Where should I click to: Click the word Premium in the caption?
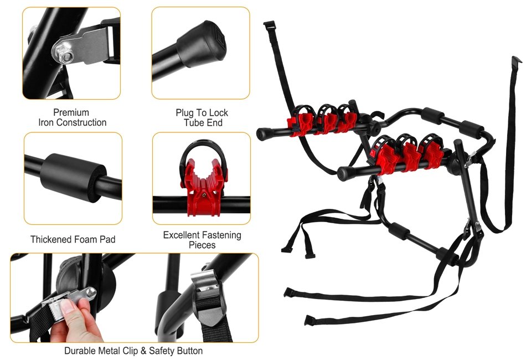71,112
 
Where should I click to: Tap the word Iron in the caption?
46,122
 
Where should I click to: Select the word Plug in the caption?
185,113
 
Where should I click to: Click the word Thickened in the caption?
50,240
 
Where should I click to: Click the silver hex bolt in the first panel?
64,55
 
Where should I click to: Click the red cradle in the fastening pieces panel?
204,187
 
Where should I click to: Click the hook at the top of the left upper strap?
269,25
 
